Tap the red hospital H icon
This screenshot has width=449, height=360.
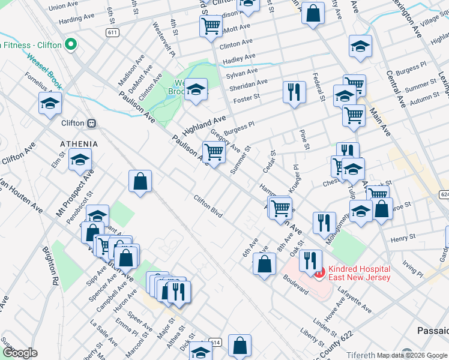pos(319,273)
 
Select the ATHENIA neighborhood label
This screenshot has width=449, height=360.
pos(78,145)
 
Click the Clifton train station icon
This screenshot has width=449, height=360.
pos(92,123)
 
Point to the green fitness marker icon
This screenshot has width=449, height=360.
pos(71,44)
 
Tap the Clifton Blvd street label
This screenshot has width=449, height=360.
pos(208,206)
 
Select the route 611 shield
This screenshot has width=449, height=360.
pos(112,32)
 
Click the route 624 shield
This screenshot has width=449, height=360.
pos(444,194)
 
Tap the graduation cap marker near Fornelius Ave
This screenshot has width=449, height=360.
pos(50,103)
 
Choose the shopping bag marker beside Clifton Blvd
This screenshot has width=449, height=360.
pos(140,181)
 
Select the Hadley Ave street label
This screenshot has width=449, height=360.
pos(239,59)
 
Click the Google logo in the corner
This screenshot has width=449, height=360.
pos(20,353)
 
